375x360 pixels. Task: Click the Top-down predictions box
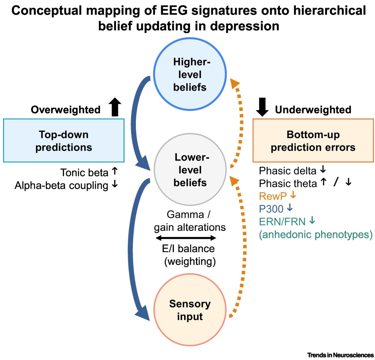click(x=64, y=140)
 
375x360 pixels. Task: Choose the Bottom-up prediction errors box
click(x=313, y=140)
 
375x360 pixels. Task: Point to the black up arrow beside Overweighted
click(x=115, y=107)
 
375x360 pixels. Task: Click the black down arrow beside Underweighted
click(x=262, y=107)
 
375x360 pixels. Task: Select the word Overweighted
click(x=66, y=110)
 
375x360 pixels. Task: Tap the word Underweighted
click(x=313, y=110)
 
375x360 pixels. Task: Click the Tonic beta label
click(x=84, y=172)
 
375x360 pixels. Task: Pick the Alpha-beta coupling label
click(x=62, y=185)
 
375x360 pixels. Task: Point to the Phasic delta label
click(x=288, y=171)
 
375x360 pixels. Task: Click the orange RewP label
click(x=273, y=196)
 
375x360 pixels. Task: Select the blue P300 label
click(x=271, y=209)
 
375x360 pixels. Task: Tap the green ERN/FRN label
click(x=282, y=222)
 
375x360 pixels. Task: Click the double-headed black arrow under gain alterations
click(x=186, y=238)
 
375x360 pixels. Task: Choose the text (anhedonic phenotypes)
click(x=316, y=235)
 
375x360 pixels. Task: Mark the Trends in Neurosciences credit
click(x=341, y=355)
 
